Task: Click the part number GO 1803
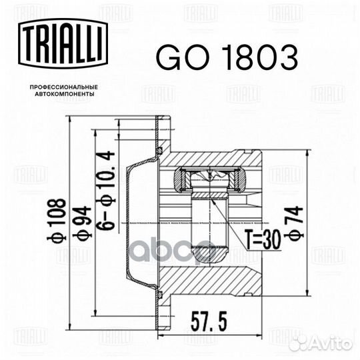[x=227, y=58]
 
